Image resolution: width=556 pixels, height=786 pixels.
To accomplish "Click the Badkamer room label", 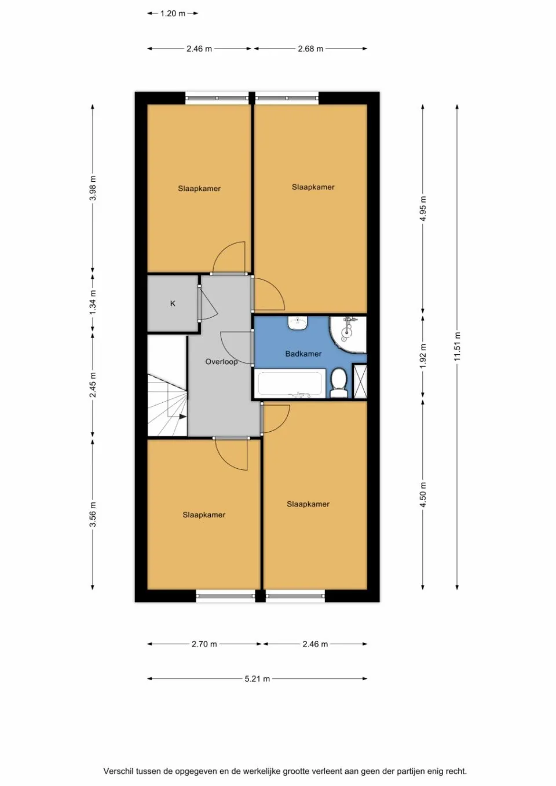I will [303, 354].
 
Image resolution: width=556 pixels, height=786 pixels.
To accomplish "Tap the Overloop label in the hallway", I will [221, 362].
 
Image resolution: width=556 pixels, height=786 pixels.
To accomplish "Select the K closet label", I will [173, 303].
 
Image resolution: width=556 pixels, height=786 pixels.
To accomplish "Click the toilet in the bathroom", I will [338, 384].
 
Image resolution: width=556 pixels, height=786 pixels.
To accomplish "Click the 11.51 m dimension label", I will [457, 347].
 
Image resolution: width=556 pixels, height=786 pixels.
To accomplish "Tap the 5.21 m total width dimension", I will [257, 678].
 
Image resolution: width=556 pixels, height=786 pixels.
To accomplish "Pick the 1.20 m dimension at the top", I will [173, 13].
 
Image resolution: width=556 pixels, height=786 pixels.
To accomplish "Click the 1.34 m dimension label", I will [93, 303].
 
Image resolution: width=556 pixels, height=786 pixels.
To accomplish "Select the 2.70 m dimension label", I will [204, 644].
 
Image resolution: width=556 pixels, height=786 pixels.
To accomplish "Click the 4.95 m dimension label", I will [423, 209].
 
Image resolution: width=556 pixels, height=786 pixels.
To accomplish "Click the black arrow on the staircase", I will [182, 416].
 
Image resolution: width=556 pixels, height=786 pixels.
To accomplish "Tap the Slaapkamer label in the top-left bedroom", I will [199, 188].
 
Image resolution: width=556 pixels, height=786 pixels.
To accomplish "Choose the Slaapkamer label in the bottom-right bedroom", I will [308, 504].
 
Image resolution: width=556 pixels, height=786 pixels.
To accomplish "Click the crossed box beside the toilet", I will [360, 381].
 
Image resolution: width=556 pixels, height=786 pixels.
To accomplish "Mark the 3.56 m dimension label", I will [93, 515].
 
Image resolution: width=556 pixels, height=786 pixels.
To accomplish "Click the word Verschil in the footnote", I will [118, 771].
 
